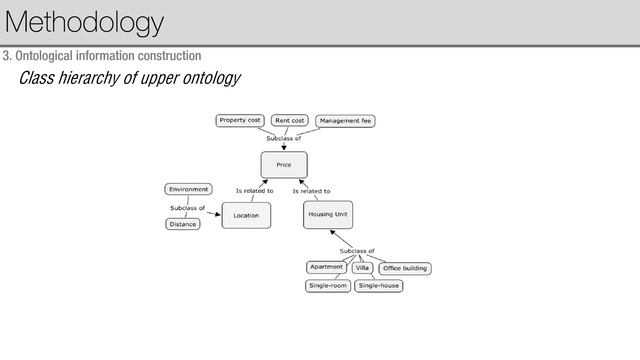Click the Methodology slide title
[x=84, y=22]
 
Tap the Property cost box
[x=240, y=120]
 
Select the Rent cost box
[x=289, y=121]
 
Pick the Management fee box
[x=346, y=121]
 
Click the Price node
[x=284, y=164]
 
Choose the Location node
[x=246, y=215]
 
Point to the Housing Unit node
[x=327, y=215]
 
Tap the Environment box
[x=188, y=189]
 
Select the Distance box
[x=183, y=224]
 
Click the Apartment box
[x=327, y=268]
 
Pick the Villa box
[x=363, y=268]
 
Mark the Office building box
[x=405, y=268]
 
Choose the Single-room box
[x=328, y=285]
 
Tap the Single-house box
[x=379, y=285]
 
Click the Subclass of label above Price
[x=283, y=138]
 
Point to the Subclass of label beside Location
[x=187, y=207]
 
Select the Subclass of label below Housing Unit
[x=357, y=250]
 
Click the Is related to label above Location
[x=254, y=190]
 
